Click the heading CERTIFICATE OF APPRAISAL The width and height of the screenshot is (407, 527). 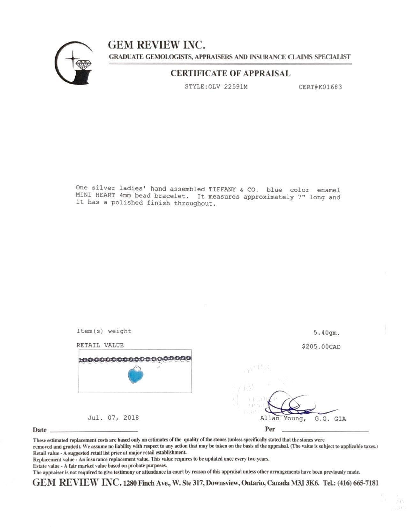[230, 73]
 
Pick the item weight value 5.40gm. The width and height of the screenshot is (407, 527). [327, 333]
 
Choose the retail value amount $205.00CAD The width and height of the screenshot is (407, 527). [321, 347]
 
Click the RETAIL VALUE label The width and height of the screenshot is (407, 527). [100, 345]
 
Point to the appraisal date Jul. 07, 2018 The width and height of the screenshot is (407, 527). [113, 418]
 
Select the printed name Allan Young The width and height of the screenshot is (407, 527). [283, 419]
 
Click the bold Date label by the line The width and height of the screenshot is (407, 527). [40, 430]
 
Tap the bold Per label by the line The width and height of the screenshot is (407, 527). [270, 429]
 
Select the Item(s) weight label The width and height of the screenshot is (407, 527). [104, 331]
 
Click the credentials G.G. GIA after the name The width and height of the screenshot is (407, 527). [330, 419]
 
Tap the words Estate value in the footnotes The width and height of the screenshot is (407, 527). [46, 466]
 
